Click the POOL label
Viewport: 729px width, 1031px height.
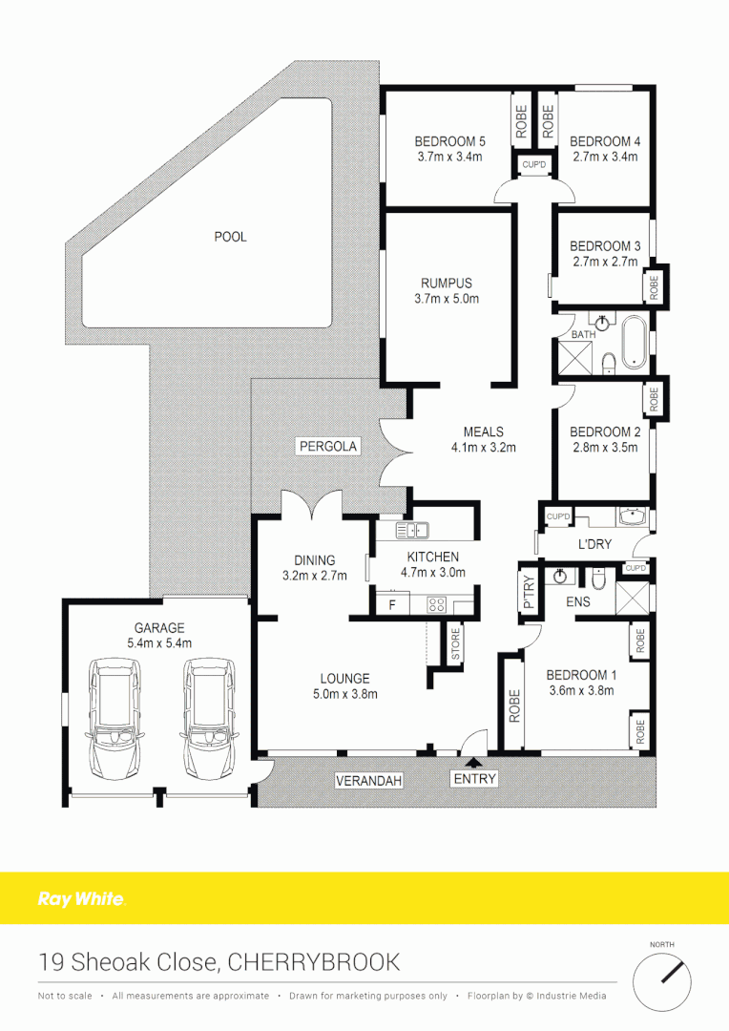(230, 236)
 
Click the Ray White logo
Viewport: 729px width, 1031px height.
(81, 898)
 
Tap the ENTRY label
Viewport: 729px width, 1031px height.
(474, 780)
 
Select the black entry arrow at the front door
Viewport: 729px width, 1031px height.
(474, 761)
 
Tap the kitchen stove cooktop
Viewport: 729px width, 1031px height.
(436, 603)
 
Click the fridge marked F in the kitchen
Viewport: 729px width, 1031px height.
(391, 603)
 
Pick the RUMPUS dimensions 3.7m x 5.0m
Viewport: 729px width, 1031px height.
(447, 299)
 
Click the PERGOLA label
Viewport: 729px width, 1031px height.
(327, 446)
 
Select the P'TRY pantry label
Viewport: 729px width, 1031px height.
(526, 592)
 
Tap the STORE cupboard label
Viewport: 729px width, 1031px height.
(455, 644)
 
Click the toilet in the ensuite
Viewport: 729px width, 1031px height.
(598, 579)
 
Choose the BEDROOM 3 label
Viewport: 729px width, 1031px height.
(605, 246)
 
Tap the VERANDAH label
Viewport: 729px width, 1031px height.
(368, 781)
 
